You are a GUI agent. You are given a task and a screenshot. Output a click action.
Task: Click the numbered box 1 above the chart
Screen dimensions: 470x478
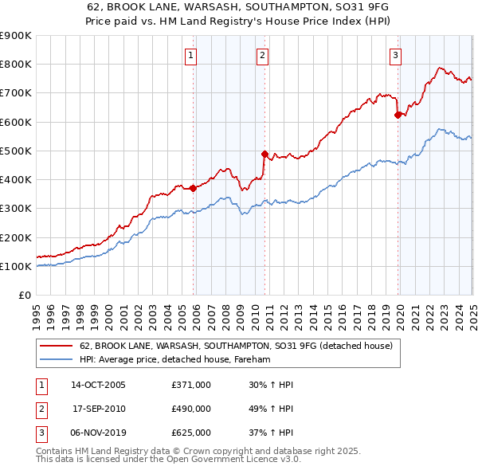click(193, 55)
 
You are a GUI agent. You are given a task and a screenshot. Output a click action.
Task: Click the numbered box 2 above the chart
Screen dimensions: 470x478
click(262, 55)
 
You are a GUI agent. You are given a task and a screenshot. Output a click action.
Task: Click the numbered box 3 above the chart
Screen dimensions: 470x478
click(396, 55)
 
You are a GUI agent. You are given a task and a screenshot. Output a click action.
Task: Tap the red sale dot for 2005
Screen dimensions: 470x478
click(193, 188)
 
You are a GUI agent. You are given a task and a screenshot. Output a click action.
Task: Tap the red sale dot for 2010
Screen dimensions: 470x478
click(264, 154)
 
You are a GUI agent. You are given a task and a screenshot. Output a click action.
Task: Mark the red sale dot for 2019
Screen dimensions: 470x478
click(398, 115)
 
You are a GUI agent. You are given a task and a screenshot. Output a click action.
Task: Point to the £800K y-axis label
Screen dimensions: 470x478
click(15, 65)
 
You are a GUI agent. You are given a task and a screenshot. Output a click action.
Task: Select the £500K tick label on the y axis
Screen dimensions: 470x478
click(15, 151)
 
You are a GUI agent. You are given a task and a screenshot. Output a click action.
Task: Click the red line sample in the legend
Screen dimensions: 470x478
click(57, 347)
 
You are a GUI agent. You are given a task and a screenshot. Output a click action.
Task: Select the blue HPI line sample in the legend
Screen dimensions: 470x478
click(57, 360)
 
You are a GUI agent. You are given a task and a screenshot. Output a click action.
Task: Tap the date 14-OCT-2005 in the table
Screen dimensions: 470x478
click(99, 385)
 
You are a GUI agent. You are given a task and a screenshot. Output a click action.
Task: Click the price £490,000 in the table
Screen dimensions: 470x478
click(191, 409)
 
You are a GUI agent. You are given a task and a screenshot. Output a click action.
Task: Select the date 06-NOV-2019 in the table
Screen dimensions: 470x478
click(99, 433)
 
